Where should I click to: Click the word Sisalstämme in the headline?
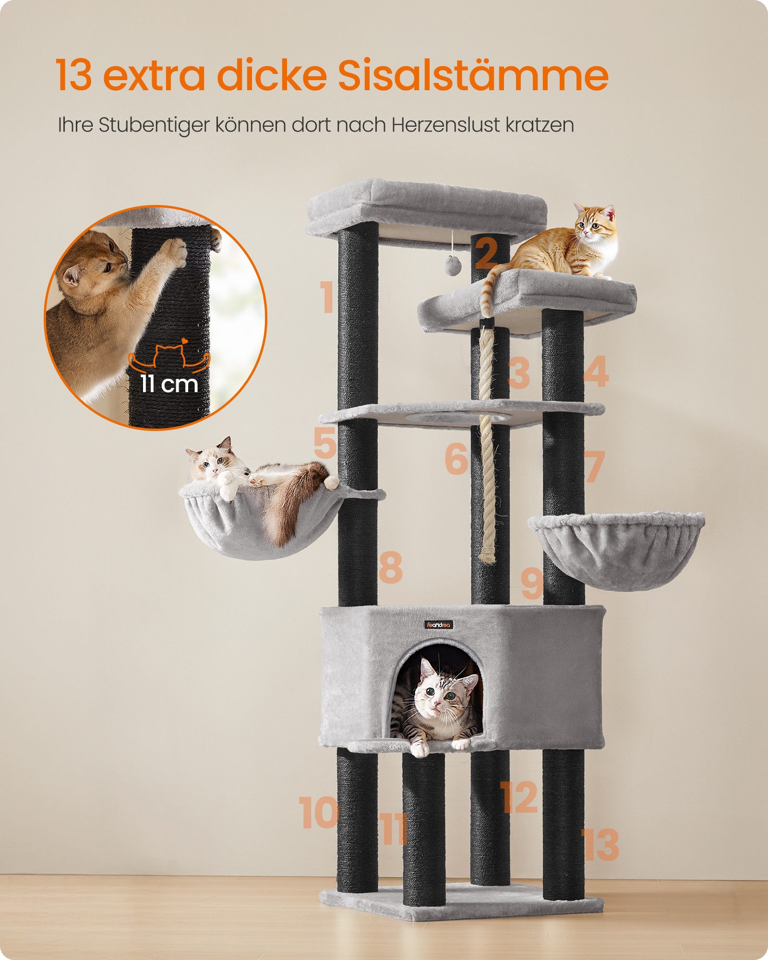[473, 75]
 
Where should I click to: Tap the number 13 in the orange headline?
[73, 75]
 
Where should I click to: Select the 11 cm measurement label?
[169, 384]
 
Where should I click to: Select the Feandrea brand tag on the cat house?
[439, 624]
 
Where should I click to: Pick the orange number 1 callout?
[327, 298]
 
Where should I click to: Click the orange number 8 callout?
[390, 568]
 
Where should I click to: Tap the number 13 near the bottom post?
[600, 845]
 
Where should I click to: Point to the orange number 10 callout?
[318, 813]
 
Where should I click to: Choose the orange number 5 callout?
[324, 443]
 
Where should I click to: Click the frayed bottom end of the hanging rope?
[488, 556]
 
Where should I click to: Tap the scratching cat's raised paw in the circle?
[175, 252]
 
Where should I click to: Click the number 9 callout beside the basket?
[532, 583]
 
